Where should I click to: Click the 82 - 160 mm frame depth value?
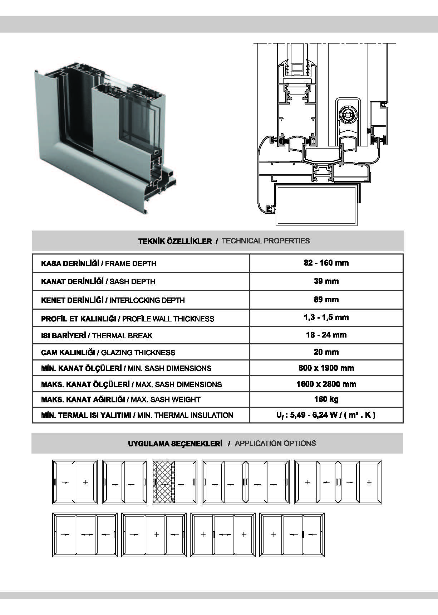tap(326, 263)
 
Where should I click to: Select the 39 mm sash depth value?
tap(326, 281)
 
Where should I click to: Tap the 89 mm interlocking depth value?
tap(326, 299)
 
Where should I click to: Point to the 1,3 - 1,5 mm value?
tap(326, 317)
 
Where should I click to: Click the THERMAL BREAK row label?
tap(97, 335)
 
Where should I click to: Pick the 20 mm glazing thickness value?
tap(326, 352)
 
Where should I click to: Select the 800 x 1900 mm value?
tap(326, 368)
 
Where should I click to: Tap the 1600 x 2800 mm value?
tap(326, 384)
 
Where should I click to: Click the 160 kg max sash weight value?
tap(326, 399)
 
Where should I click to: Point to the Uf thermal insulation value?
tap(326, 415)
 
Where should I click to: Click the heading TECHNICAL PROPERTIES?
tap(266, 241)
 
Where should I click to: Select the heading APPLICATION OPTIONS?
tap(275, 444)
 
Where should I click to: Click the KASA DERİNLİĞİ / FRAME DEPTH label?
tap(99, 264)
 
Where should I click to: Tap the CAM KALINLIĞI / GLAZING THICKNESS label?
tap(108, 353)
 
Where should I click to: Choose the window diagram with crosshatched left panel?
tap(174, 482)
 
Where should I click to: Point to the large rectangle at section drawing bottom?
tap(316, 204)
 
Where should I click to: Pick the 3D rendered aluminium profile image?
tap(105, 138)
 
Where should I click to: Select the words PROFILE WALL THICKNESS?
tap(168, 319)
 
